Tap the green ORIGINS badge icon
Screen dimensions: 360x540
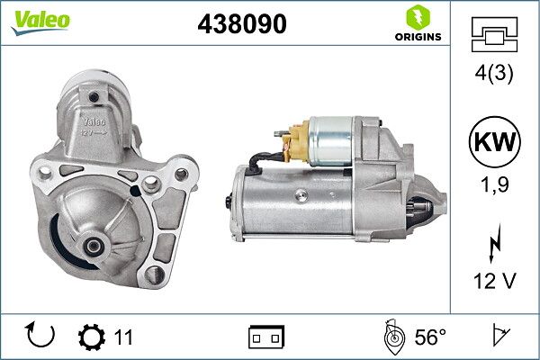pos(416,17)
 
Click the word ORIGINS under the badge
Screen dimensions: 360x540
pos(417,37)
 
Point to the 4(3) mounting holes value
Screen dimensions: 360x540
pos(494,75)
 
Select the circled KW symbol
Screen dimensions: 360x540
pos(494,142)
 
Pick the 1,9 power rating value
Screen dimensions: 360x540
pos(494,185)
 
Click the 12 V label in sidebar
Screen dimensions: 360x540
pos(494,282)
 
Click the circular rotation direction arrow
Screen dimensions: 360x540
pos(42,336)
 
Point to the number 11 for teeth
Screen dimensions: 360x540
pos(123,337)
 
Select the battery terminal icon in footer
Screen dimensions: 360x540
pos(265,337)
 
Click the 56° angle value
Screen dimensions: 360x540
pos(430,337)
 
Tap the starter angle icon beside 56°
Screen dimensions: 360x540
pos(392,337)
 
